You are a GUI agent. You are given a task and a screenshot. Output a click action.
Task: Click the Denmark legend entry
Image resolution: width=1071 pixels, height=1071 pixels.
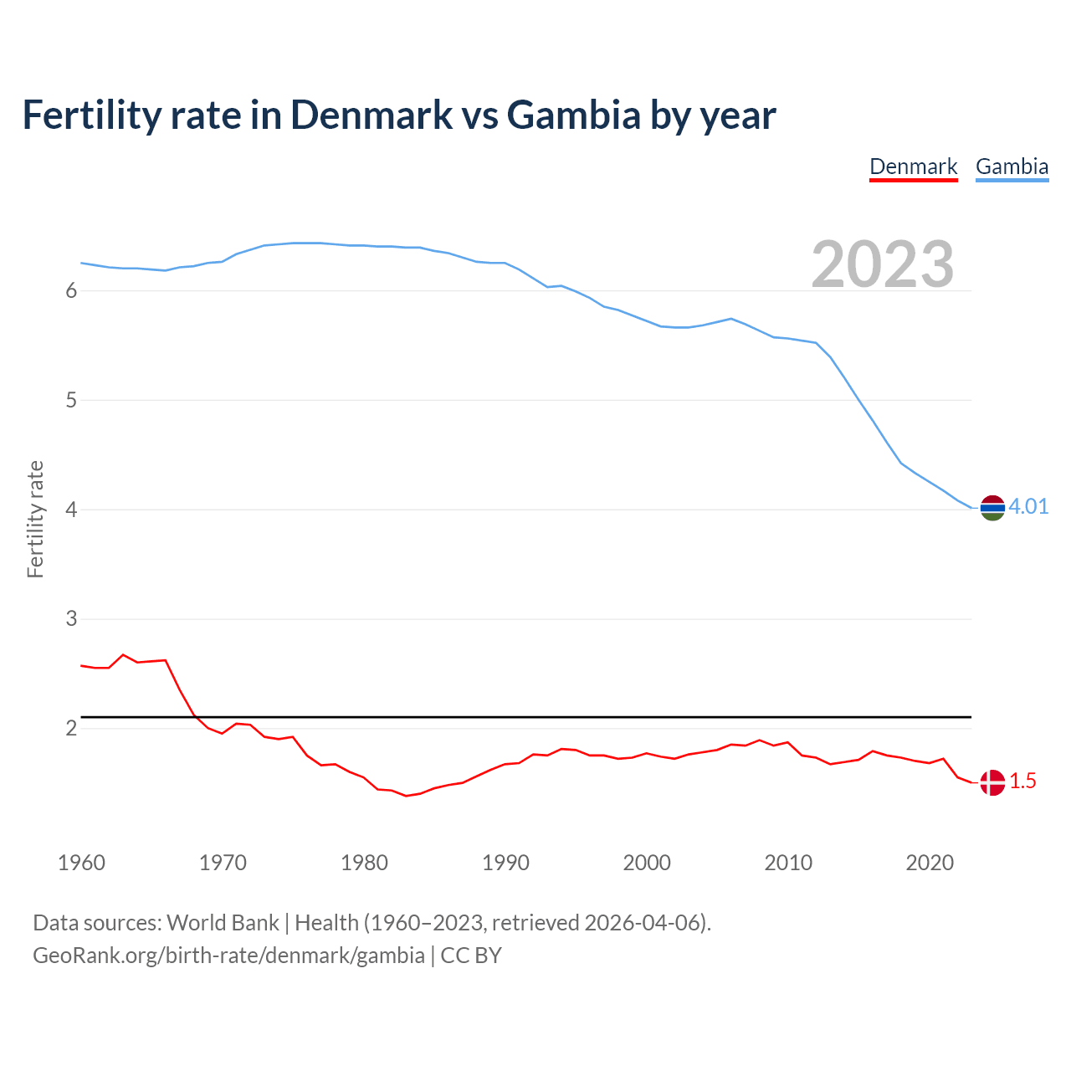click(x=913, y=167)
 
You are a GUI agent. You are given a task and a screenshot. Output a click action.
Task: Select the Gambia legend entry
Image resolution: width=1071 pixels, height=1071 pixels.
click(x=1012, y=167)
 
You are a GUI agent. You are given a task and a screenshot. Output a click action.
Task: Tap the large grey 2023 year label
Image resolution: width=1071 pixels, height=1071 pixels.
click(x=882, y=264)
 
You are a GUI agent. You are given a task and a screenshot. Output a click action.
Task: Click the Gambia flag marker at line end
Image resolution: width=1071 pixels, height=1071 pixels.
click(x=992, y=507)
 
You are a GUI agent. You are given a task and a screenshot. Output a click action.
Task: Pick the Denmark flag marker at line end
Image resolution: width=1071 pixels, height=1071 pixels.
click(x=992, y=782)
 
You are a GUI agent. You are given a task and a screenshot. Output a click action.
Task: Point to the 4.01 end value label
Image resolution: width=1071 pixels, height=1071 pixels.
click(x=1028, y=506)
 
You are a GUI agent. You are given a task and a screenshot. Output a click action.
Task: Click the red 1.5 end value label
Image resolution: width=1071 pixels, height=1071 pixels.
click(x=1022, y=781)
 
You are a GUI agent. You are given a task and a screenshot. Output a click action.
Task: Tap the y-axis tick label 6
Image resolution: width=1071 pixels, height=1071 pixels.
click(x=71, y=291)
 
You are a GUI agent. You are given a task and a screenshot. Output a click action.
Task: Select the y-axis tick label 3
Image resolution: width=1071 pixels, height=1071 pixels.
click(x=71, y=619)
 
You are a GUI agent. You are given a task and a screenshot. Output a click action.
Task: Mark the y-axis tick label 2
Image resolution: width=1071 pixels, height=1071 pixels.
click(x=71, y=729)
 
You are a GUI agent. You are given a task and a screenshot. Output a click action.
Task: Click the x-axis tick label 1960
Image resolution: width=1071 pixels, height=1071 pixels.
click(x=81, y=863)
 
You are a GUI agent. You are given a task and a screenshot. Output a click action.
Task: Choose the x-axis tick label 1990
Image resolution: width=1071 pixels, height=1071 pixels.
click(x=505, y=863)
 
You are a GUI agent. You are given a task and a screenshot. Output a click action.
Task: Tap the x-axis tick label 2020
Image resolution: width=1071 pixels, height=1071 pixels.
click(x=930, y=863)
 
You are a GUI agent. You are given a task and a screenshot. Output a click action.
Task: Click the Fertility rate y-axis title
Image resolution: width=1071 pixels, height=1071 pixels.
click(x=35, y=519)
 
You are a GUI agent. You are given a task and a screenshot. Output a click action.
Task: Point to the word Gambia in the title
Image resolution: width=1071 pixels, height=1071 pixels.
click(x=573, y=115)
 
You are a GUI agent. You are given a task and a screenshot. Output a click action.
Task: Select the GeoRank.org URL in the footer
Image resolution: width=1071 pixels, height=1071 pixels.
click(x=228, y=956)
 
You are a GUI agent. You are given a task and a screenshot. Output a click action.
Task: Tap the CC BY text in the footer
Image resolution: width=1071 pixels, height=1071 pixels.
click(x=471, y=956)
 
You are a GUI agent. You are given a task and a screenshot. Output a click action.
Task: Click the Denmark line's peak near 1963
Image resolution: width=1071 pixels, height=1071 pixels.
click(x=123, y=655)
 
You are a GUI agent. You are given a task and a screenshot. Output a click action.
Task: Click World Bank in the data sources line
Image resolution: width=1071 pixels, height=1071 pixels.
click(x=223, y=923)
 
